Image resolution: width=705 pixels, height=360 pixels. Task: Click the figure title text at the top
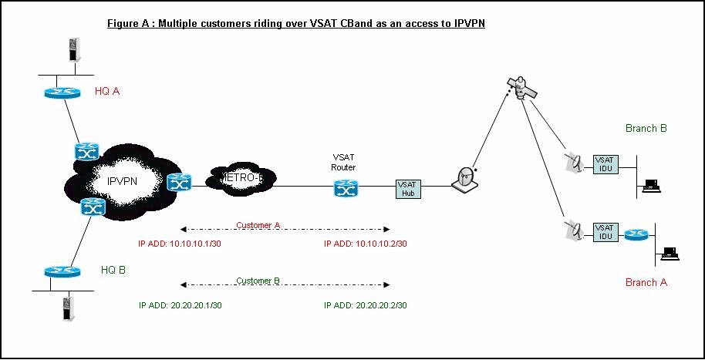coord(295,23)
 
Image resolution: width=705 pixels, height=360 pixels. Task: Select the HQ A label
coord(107,92)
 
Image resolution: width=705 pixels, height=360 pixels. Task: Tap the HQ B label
coord(113,270)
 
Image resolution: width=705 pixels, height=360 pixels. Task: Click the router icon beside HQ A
coord(62,93)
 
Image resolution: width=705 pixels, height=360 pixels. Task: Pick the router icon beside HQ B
coord(62,271)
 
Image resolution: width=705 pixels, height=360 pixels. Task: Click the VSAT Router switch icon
coord(343,187)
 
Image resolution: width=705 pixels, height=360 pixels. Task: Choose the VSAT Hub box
coord(406,188)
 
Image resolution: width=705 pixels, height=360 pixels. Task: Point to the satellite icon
coord(521,86)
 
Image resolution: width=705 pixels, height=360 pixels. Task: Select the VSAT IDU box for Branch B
coord(604,163)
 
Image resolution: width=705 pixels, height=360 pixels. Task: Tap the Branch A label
coord(646,282)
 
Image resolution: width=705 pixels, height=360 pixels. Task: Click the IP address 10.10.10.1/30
coord(180,244)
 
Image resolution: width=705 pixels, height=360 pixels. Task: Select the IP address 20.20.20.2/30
coord(366,305)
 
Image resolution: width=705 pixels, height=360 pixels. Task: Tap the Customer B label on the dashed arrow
coord(258,281)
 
